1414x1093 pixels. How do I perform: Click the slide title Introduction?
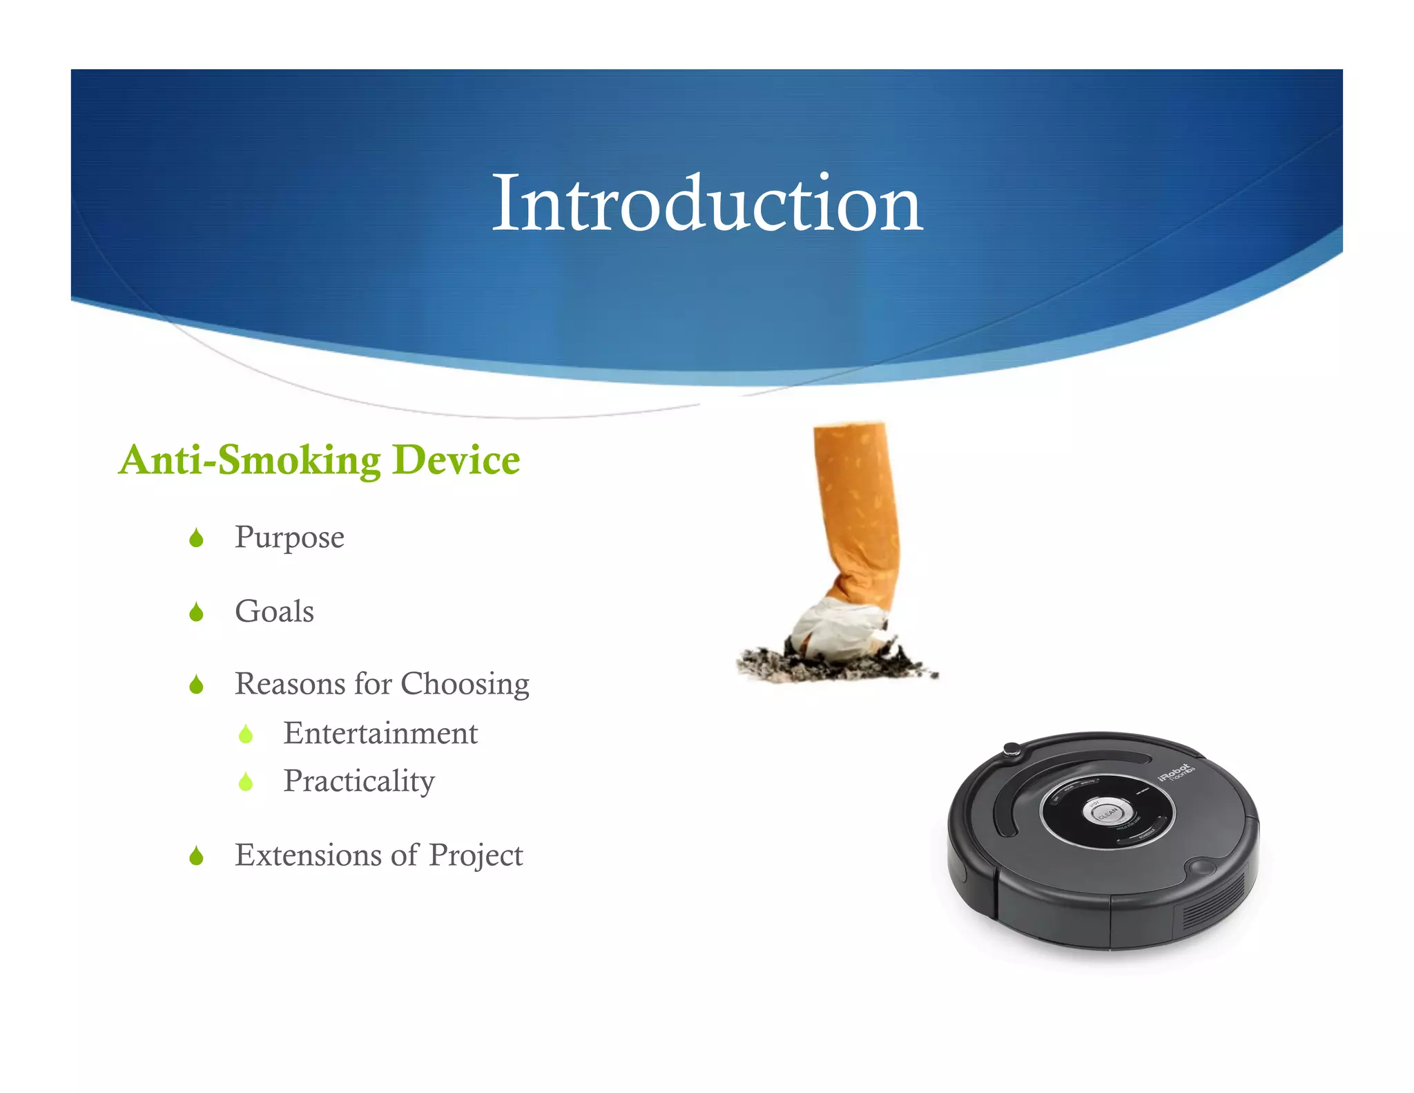click(x=706, y=204)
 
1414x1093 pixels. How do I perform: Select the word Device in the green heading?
click(x=456, y=460)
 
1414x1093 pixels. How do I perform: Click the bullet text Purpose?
click(x=289, y=538)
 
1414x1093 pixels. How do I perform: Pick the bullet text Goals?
click(x=274, y=611)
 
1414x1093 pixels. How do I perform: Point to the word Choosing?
click(x=465, y=684)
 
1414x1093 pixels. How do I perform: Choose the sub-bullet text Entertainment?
click(x=380, y=734)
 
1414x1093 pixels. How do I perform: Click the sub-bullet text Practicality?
click(x=359, y=781)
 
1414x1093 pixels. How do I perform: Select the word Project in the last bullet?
click(x=476, y=855)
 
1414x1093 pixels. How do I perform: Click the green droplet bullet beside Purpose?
click(x=196, y=538)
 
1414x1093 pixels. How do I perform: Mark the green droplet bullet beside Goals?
click(x=196, y=612)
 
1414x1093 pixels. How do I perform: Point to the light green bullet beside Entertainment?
click(x=246, y=734)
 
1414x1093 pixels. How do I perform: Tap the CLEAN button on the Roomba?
click(x=1107, y=812)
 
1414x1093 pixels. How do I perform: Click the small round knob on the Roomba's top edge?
click(x=1012, y=749)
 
